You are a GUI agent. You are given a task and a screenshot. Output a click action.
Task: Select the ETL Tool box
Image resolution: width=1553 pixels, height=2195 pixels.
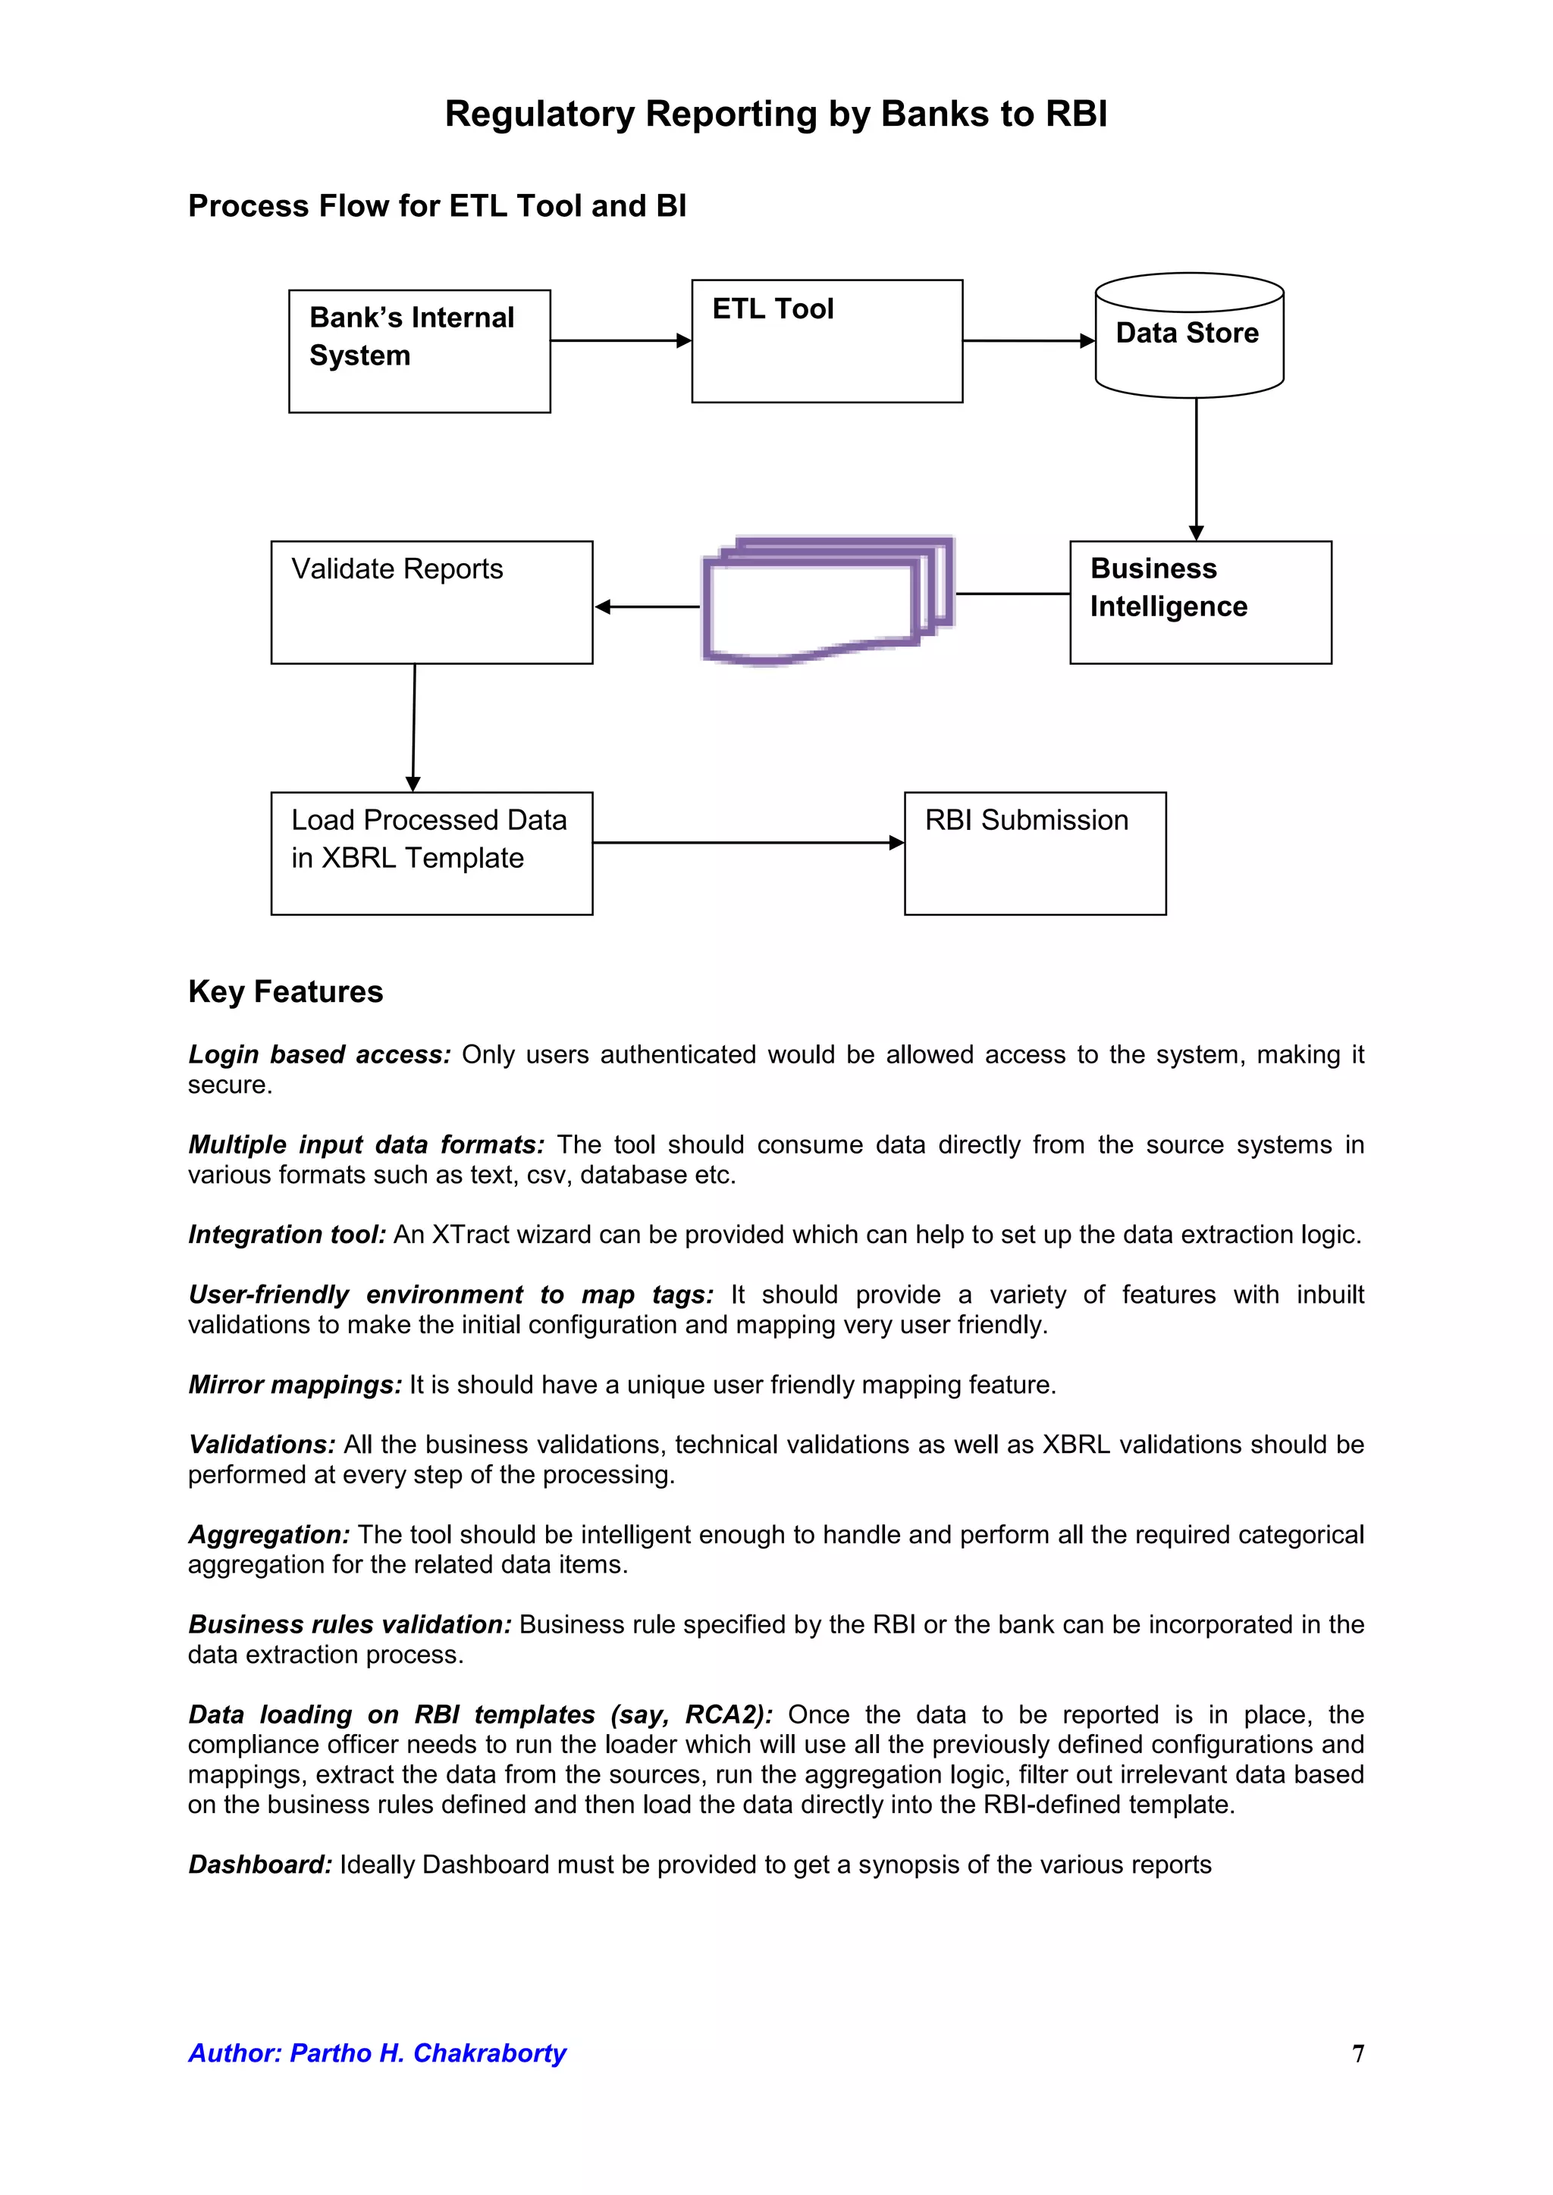827,341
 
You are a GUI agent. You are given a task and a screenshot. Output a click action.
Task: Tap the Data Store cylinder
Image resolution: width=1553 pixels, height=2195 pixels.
1189,336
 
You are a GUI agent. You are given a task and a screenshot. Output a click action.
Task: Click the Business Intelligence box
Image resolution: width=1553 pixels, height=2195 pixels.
1200,603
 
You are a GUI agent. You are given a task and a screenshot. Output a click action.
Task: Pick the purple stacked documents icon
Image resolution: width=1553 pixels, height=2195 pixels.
827,600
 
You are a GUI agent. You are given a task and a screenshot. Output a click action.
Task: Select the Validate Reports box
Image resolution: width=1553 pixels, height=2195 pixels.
431,603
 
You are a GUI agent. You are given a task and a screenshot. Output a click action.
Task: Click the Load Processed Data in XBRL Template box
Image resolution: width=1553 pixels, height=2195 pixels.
431,853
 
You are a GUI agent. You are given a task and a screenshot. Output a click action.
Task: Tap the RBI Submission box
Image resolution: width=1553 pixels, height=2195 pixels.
1034,853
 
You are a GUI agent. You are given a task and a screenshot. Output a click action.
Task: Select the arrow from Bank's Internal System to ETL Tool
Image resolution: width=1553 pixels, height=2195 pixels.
620,340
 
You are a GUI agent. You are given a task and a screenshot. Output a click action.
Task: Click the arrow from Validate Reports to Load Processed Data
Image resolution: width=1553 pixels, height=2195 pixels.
414,727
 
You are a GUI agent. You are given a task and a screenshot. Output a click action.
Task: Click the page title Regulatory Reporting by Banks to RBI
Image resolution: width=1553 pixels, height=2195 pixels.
776,114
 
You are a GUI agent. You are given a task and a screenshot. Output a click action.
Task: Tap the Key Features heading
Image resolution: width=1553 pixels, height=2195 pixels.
285,991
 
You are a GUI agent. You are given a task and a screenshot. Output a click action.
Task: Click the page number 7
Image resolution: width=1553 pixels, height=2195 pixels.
1358,2053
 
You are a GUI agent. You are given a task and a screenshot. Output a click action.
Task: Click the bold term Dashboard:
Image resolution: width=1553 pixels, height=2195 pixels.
260,1865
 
